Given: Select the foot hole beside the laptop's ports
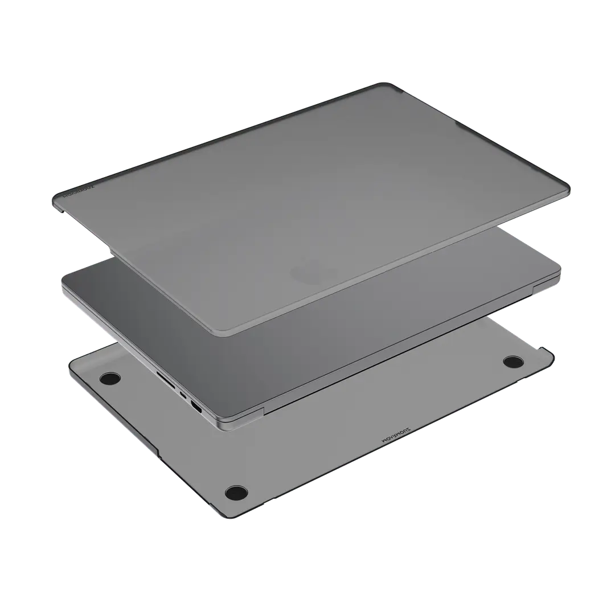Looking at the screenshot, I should (110, 378).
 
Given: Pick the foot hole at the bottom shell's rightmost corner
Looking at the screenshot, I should (514, 361).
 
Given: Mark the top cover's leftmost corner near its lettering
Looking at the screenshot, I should (55, 199).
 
